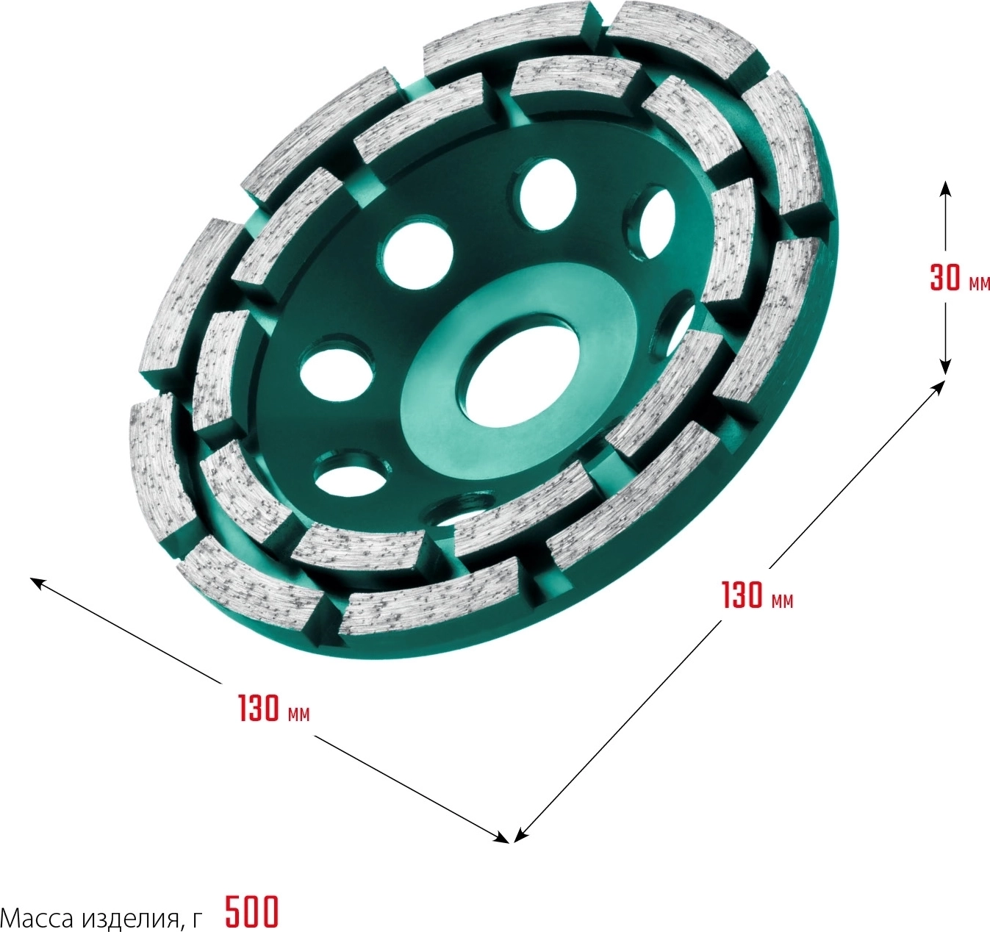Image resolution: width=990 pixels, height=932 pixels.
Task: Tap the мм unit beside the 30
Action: point(979,284)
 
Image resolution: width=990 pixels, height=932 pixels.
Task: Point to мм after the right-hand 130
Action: point(782,602)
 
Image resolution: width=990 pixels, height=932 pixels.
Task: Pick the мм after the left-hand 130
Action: point(298,714)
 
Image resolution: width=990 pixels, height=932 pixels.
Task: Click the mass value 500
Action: point(252,911)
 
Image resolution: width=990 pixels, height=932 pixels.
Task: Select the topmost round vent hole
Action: point(548,195)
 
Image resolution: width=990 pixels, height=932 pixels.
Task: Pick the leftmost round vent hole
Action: point(337,372)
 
